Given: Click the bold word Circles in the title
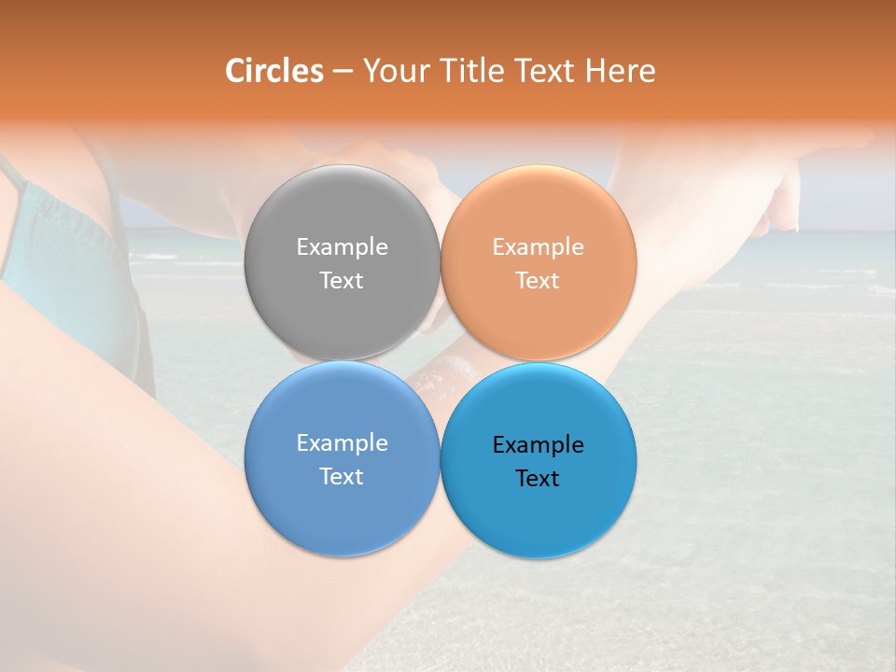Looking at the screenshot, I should (274, 71).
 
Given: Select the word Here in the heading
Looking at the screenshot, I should (620, 71).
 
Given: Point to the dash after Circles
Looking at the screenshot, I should (343, 71).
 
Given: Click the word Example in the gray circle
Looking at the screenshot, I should (342, 247).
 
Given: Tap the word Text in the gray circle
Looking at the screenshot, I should (342, 281).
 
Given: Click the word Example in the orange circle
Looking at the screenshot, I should (539, 247).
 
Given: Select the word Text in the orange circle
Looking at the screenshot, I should (539, 281).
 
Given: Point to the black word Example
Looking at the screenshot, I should (539, 445).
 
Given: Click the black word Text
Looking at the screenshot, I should (539, 479).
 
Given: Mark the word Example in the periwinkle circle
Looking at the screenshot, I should (342, 443).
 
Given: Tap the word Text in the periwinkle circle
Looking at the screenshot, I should (342, 477).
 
